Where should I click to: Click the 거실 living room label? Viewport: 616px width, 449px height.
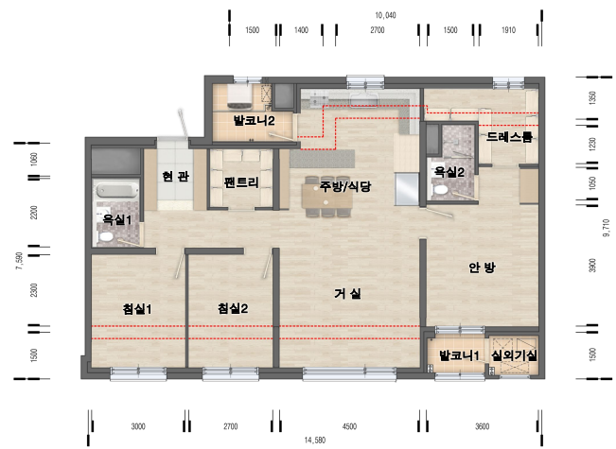[347, 293]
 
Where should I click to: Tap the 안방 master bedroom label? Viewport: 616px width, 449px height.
[482, 268]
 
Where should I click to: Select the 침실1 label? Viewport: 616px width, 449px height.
[137, 309]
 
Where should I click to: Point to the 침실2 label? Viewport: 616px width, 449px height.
[233, 308]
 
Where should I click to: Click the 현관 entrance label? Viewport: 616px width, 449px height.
[176, 176]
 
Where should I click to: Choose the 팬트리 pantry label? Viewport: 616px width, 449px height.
[241, 182]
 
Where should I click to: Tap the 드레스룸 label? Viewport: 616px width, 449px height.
[509, 136]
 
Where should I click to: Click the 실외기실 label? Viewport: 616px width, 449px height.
[514, 355]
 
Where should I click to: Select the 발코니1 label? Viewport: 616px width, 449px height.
[459, 355]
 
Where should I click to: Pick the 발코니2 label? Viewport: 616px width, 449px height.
[254, 120]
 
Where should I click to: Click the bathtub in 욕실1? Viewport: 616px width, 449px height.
[117, 191]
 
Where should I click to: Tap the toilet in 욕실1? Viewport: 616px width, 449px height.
[105, 236]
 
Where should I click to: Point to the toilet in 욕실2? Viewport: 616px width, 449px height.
[441, 190]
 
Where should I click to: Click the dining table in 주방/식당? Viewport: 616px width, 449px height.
[326, 196]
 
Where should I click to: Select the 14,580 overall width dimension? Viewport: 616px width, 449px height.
[315, 440]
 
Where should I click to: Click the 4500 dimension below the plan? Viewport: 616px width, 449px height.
[350, 426]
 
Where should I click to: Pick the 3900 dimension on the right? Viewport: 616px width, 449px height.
[593, 266]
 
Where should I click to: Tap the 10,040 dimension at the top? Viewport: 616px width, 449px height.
[385, 15]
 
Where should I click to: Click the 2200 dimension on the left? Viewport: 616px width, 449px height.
[34, 213]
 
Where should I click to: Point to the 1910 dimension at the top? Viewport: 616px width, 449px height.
[508, 30]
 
